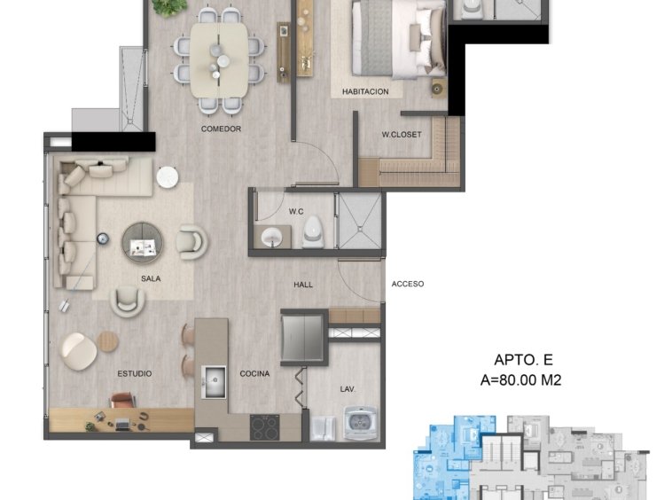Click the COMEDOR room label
point(221,129)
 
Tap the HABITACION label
point(365,91)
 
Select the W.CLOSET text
point(402,134)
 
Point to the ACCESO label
point(408,284)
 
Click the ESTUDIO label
point(135,373)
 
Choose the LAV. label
point(348,389)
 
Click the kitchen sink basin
point(214,381)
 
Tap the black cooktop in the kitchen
point(264,427)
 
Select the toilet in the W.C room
point(312,231)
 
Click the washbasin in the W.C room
point(271,237)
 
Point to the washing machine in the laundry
point(361,423)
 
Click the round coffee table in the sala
point(142,242)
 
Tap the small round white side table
point(168,176)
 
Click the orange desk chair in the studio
point(123,400)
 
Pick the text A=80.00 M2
point(520,380)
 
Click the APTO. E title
point(523,359)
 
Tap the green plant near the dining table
point(170,7)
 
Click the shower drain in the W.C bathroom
point(360,230)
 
